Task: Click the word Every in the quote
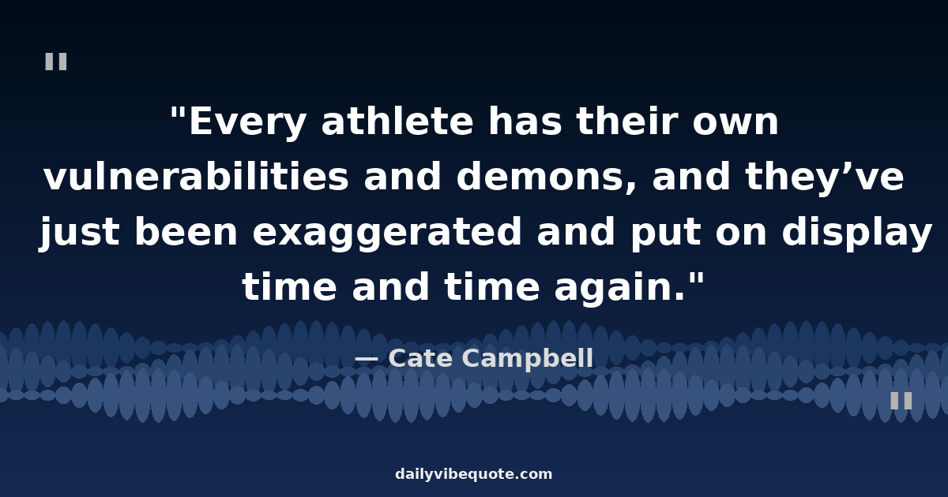tap(247, 122)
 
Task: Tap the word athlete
tap(397, 121)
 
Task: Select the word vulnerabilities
tap(197, 176)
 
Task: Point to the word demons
tap(546, 177)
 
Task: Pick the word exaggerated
tap(387, 234)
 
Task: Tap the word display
tap(857, 234)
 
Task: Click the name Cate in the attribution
tap(420, 358)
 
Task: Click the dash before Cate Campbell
tap(366, 360)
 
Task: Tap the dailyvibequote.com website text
tap(473, 474)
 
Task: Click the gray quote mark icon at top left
tap(56, 62)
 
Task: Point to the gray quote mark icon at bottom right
tap(901, 401)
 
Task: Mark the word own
tap(735, 123)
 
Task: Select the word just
tap(79, 234)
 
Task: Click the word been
tap(186, 232)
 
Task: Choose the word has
tap(525, 121)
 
